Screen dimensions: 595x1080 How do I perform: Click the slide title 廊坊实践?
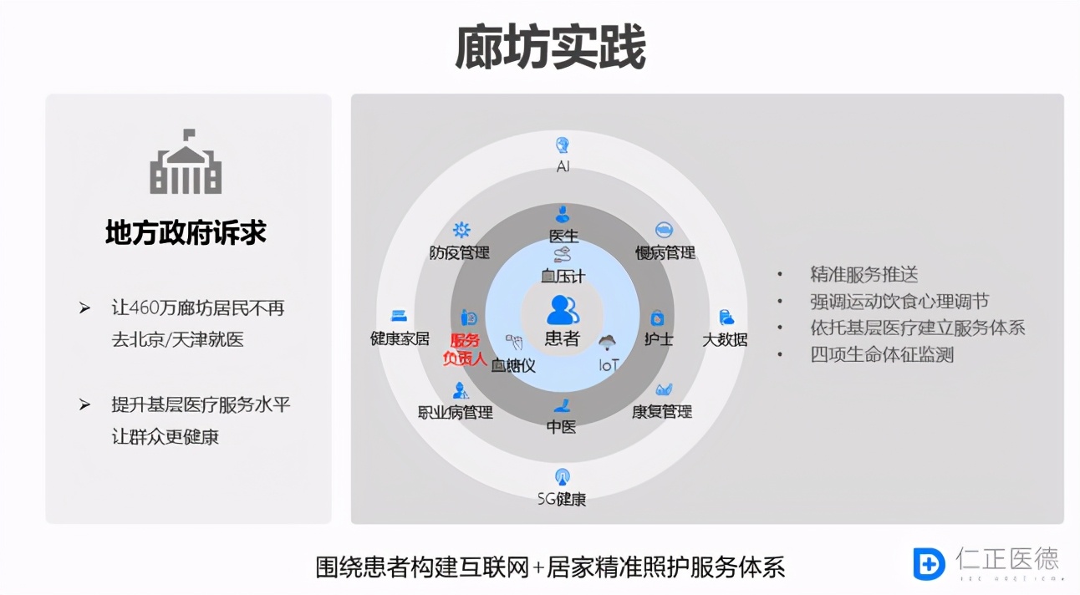tap(550, 48)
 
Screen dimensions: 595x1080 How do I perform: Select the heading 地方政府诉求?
tap(186, 232)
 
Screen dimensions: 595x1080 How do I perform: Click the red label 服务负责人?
tap(465, 349)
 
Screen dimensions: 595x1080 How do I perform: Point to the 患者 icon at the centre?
tap(563, 310)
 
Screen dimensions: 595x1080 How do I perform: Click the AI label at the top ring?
tap(563, 166)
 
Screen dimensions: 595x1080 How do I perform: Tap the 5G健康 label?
tap(562, 499)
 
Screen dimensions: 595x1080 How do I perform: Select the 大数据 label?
tap(725, 339)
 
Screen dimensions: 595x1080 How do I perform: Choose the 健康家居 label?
tap(400, 338)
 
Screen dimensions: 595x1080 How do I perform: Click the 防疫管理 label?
tap(460, 252)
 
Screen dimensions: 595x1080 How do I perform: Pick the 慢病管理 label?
tap(665, 252)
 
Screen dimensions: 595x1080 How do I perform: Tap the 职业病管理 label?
tap(456, 412)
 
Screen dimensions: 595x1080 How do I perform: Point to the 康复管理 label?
tap(662, 412)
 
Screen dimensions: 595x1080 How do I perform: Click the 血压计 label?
tap(563, 275)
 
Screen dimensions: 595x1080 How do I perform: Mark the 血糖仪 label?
tap(513, 365)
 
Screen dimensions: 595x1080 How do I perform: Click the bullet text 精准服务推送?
tap(864, 274)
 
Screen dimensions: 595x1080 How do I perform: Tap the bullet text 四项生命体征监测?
tap(882, 354)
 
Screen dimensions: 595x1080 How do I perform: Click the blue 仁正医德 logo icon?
tap(929, 563)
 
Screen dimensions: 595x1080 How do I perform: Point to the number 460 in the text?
tap(148, 308)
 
